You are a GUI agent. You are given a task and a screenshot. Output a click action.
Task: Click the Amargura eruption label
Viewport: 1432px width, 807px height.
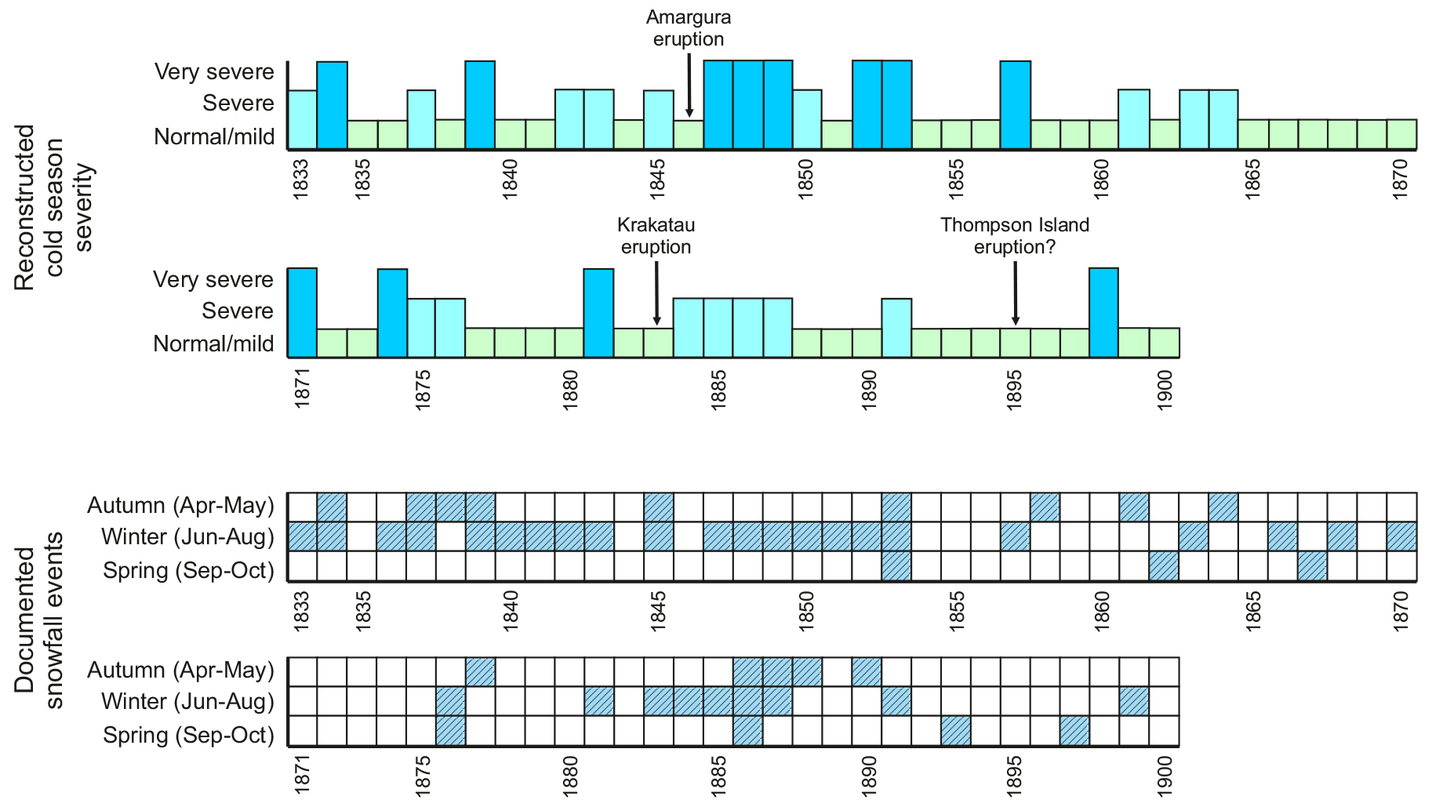(x=689, y=28)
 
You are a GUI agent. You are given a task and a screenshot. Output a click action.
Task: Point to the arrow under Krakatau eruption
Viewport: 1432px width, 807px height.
(x=656, y=293)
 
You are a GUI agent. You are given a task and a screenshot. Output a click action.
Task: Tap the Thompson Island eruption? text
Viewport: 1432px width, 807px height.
(x=1015, y=236)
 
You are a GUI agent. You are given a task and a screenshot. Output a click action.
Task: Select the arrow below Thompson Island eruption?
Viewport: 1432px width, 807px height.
(x=1015, y=293)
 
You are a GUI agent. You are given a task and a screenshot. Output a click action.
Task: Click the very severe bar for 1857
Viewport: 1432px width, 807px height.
(x=1016, y=105)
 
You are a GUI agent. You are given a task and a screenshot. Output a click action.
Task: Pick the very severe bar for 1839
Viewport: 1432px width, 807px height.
(x=480, y=105)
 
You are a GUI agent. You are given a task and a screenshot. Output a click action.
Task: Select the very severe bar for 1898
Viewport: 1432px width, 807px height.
(x=1103, y=313)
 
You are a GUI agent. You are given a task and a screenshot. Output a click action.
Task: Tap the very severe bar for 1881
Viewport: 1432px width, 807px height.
(x=598, y=313)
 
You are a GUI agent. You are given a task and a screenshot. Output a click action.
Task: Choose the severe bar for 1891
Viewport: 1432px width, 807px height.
(x=896, y=328)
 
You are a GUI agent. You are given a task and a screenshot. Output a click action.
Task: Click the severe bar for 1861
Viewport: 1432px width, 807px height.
(x=1134, y=119)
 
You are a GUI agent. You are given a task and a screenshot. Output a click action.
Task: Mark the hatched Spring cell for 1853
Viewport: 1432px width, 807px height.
(x=896, y=566)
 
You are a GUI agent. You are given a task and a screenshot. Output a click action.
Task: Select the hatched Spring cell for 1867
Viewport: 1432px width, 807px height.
(x=1312, y=566)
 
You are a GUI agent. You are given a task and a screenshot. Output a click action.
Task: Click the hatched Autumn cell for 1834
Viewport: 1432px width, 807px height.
(x=332, y=507)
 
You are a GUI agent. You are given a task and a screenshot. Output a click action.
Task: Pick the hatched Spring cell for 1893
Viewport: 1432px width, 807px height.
(x=956, y=731)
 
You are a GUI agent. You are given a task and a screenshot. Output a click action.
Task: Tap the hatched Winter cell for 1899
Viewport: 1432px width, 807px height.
(x=1134, y=701)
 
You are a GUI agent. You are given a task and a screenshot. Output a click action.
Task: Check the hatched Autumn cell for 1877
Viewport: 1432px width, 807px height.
(x=480, y=671)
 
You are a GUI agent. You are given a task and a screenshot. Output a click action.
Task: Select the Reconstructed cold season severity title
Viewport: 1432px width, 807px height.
(x=53, y=207)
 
